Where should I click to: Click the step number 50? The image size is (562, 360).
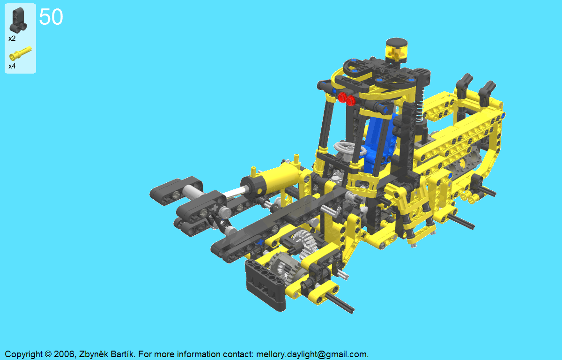51,17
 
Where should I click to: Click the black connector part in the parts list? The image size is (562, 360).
18,20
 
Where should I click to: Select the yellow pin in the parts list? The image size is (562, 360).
21,53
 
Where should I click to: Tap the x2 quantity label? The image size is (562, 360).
12,38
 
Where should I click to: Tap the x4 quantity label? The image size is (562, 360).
12,66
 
